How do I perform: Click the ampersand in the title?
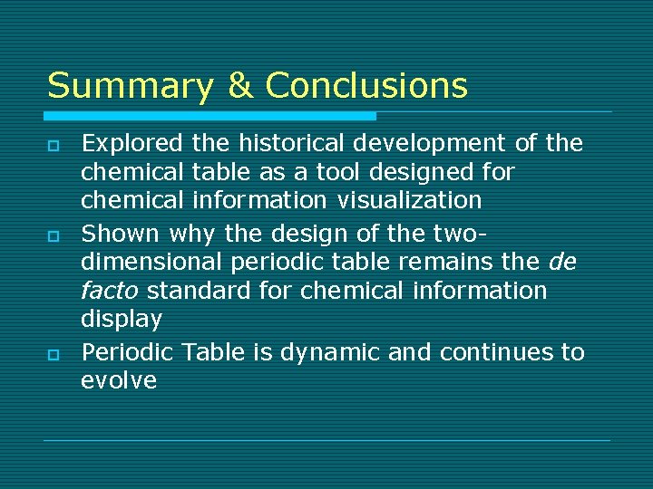click(239, 86)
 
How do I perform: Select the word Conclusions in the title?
click(366, 86)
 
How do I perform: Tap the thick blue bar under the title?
click(210, 116)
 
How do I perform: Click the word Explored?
click(132, 143)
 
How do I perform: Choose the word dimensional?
click(151, 262)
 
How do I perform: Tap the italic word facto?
click(111, 291)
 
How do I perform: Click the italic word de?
click(563, 262)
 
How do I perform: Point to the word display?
click(122, 320)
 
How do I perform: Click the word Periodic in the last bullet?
click(127, 352)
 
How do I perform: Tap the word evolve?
click(119, 380)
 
